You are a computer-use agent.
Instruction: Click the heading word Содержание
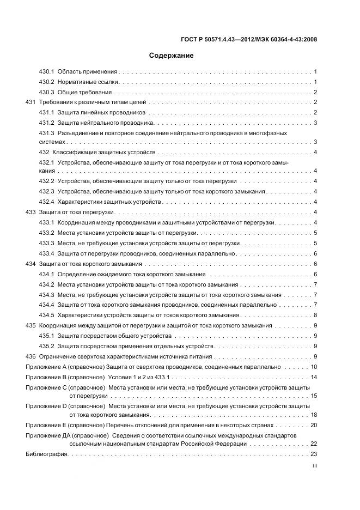tap(172, 55)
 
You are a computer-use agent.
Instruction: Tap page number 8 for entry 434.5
tap(315, 315)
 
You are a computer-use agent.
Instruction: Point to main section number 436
tap(30, 356)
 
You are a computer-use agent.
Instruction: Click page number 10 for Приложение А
tap(314, 367)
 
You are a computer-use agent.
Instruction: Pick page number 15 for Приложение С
tap(314, 396)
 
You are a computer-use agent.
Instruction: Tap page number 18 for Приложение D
tap(314, 415)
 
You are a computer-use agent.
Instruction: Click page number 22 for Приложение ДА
tap(314, 444)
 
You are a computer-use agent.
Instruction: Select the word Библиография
tap(46, 454)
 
